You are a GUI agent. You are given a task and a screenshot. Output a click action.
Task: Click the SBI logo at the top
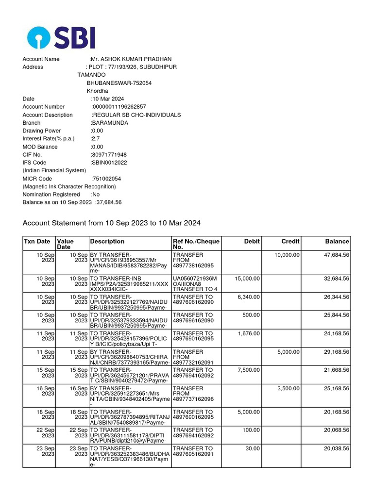61,38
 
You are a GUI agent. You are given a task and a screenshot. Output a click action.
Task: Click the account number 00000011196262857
119,107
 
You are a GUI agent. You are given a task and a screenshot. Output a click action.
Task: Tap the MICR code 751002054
106,179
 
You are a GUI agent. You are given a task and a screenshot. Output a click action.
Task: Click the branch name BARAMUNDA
110,123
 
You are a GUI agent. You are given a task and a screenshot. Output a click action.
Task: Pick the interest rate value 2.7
95,139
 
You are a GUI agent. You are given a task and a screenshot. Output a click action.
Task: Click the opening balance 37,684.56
110,202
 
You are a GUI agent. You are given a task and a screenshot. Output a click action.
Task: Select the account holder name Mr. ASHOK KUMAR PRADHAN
127,59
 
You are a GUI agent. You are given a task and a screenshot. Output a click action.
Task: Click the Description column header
107,241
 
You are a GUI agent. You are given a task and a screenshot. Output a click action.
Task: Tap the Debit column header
252,241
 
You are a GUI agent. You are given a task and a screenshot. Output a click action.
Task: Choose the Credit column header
290,241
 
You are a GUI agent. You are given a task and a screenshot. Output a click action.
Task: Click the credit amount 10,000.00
287,255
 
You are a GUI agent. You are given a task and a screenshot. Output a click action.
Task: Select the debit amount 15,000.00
247,279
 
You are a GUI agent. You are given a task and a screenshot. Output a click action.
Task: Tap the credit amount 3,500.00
288,389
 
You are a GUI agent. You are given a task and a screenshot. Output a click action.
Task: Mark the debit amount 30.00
253,449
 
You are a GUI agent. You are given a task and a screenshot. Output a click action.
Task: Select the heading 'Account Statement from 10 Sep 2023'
111,223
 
